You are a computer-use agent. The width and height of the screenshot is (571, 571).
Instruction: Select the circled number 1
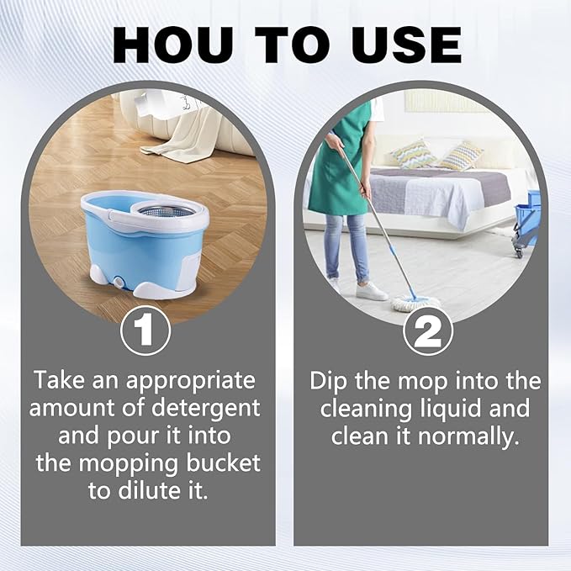145,330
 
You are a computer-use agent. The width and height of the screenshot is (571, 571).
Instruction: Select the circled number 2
429,330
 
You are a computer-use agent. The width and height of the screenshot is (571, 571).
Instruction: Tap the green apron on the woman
339,160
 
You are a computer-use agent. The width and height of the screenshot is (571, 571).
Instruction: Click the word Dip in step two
330,380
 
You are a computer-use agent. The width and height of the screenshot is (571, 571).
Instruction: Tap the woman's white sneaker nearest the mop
371,292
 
